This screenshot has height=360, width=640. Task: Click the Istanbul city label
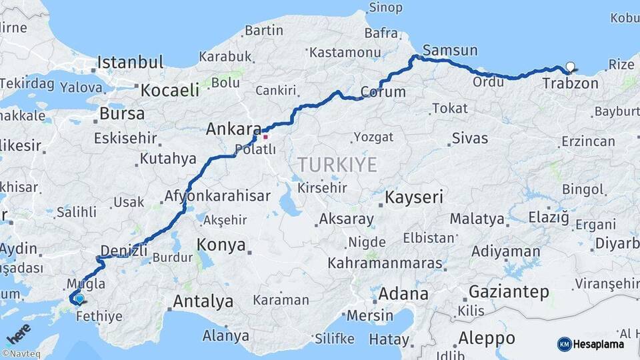[130, 63]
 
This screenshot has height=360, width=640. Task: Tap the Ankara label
[233, 129]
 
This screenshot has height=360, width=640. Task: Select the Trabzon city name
[570, 83]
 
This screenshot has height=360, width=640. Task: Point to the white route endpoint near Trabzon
[570, 67]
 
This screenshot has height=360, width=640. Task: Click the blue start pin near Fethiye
[79, 299]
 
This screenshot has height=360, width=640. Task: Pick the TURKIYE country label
[337, 164]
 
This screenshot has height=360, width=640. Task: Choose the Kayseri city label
[414, 197]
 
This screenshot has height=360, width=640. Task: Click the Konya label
[222, 245]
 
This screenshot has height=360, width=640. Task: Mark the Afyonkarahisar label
[217, 196]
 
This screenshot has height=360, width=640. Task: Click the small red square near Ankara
[265, 137]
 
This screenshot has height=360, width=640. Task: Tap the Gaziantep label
[509, 291]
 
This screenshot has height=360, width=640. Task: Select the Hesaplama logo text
[598, 344]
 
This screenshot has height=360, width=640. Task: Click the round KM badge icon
[565, 344]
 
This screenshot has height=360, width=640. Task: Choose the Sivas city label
[470, 139]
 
